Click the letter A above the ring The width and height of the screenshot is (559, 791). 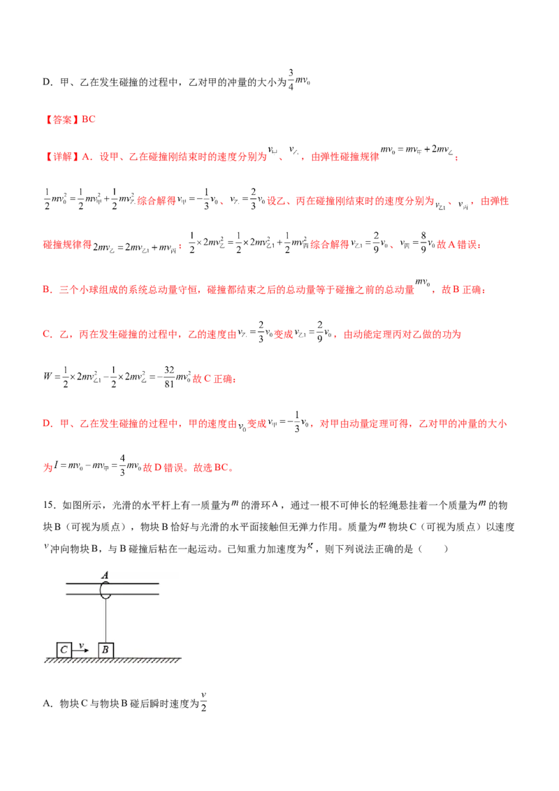pos(105,574)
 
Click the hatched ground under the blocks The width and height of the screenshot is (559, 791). pos(112,661)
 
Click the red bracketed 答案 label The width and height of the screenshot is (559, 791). pos(61,119)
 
